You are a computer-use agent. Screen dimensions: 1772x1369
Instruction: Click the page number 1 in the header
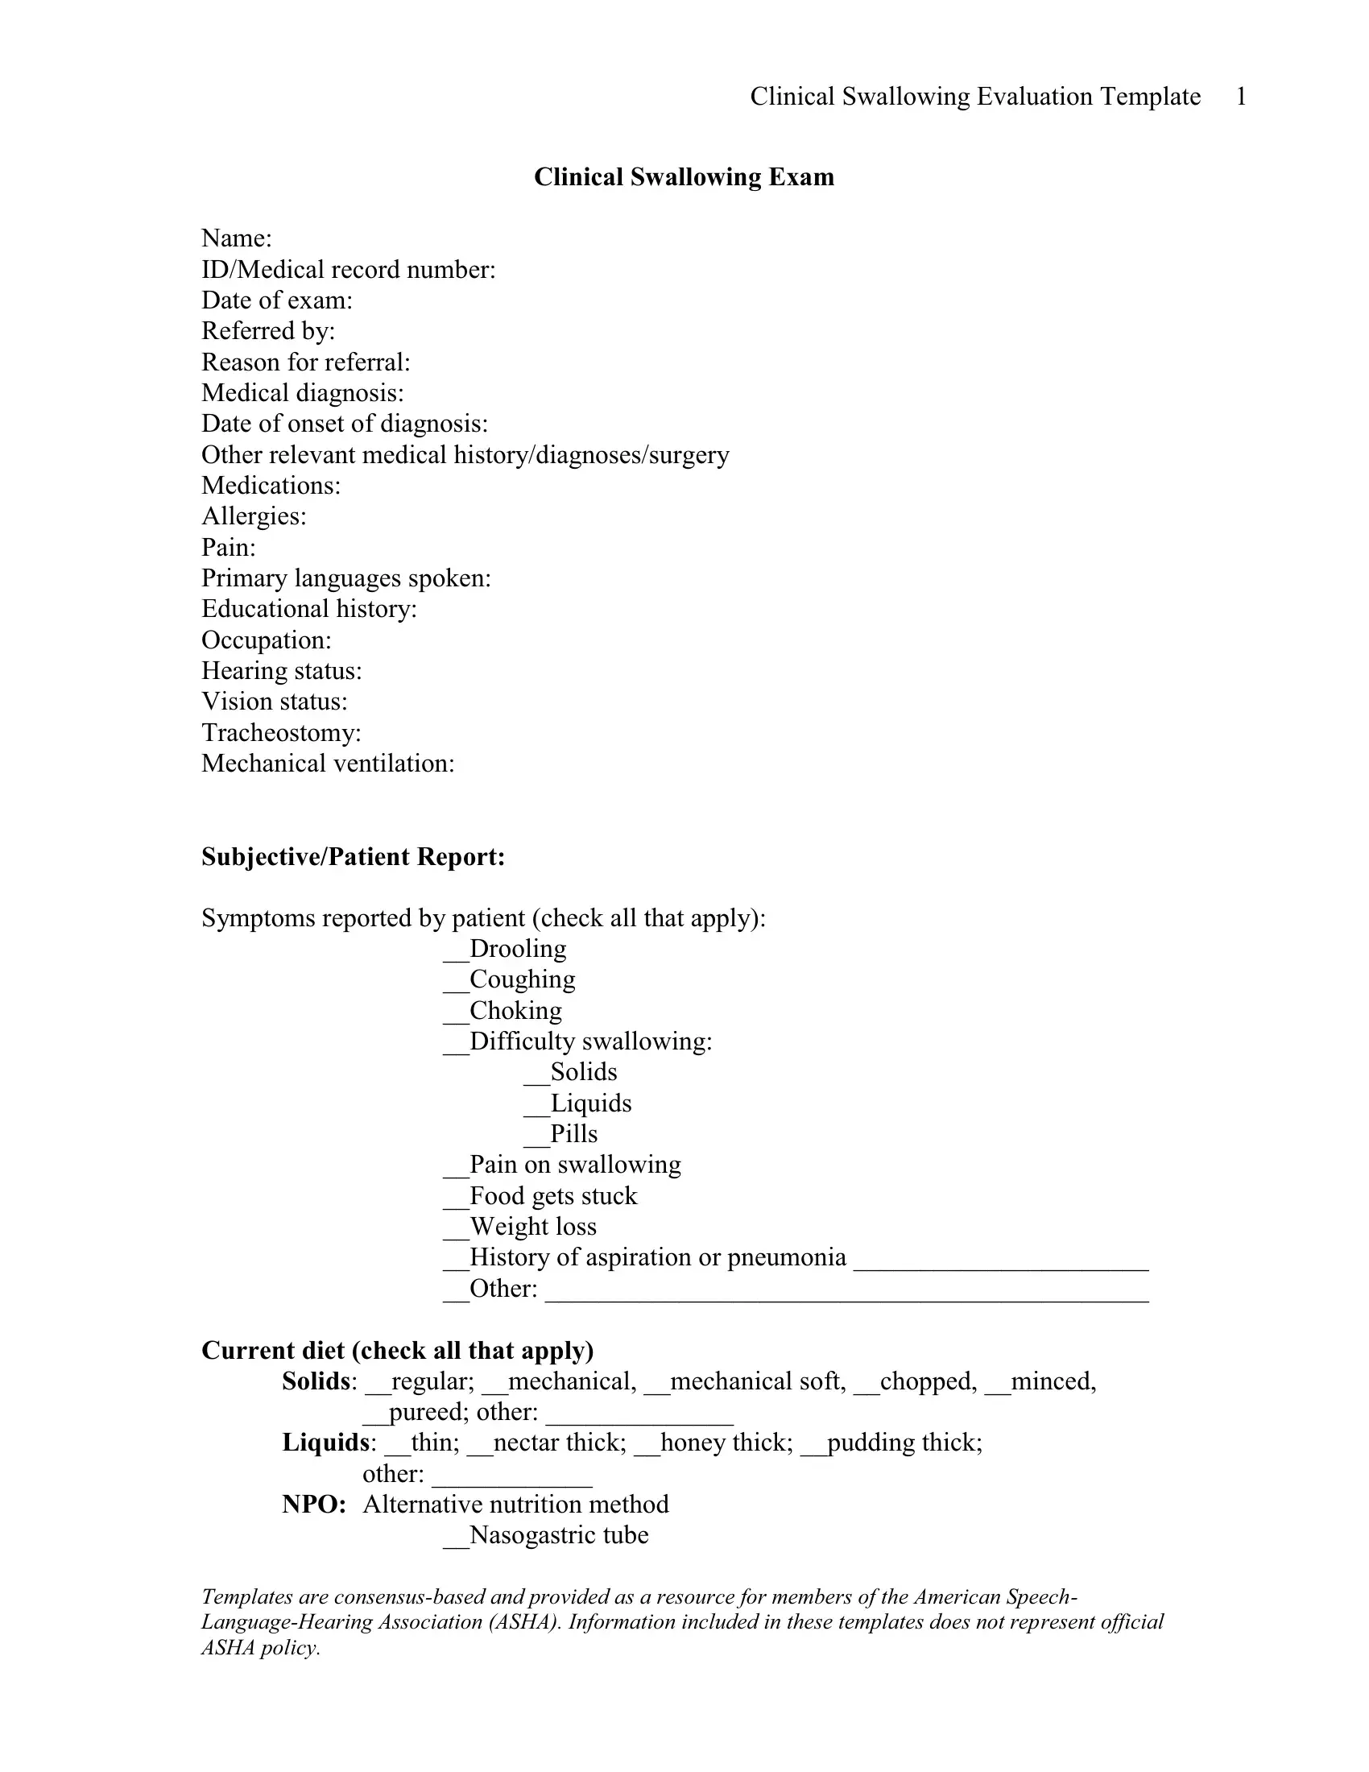click(x=1240, y=97)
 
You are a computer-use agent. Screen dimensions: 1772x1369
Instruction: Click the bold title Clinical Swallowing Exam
click(x=684, y=177)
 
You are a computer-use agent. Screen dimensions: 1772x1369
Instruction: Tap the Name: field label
click(x=236, y=238)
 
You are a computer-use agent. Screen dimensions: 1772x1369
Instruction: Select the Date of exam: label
click(x=276, y=300)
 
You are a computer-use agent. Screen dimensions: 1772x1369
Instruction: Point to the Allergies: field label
click(x=254, y=516)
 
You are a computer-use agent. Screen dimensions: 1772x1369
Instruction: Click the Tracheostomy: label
click(x=280, y=733)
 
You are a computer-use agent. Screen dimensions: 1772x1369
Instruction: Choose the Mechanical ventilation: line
click(x=328, y=764)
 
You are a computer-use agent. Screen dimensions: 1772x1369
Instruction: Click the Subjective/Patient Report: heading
click(x=353, y=857)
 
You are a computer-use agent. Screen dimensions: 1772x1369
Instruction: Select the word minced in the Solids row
click(x=1052, y=1381)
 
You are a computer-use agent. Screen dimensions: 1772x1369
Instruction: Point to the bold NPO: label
click(x=314, y=1505)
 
